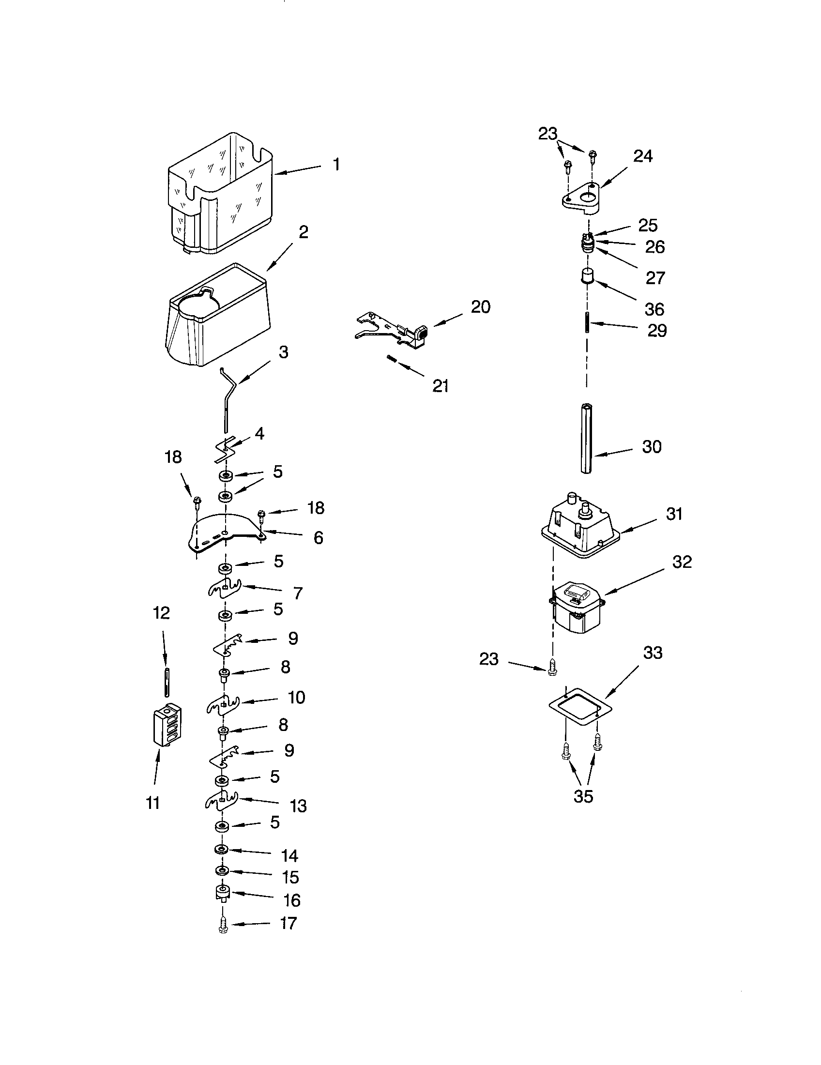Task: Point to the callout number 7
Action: (x=298, y=593)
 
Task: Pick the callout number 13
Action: (x=298, y=806)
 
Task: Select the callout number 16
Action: (x=291, y=900)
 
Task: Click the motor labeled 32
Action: (x=576, y=607)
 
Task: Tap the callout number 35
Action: (x=583, y=796)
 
